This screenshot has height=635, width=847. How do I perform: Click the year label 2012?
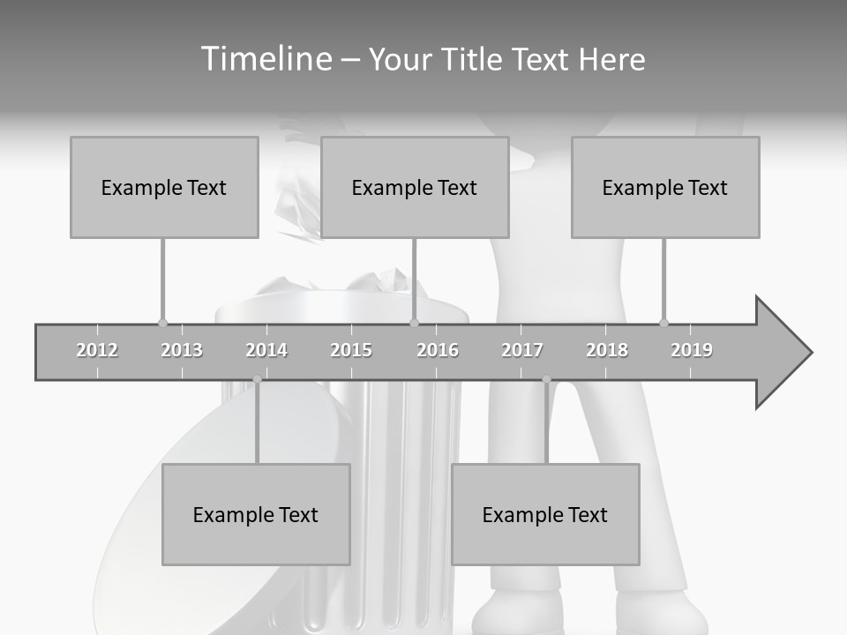click(x=97, y=350)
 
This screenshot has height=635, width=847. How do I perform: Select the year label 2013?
click(x=182, y=350)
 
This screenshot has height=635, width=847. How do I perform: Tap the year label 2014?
click(x=266, y=350)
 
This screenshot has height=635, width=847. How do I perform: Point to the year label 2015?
click(x=351, y=350)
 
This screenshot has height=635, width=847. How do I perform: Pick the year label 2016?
click(x=438, y=350)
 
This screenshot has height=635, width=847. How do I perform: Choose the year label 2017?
click(x=522, y=350)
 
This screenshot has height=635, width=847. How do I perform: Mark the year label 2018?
click(x=607, y=350)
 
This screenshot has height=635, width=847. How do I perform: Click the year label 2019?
click(x=692, y=350)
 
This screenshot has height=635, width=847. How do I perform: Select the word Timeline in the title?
click(x=265, y=59)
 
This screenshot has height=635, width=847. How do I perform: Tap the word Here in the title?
click(x=611, y=59)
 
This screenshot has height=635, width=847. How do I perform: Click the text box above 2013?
click(x=164, y=187)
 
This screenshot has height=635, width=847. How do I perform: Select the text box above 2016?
click(x=415, y=187)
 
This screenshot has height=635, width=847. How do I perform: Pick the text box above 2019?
click(x=665, y=187)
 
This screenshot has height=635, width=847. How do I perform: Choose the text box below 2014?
click(x=256, y=514)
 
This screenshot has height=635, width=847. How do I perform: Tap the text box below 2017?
click(x=545, y=514)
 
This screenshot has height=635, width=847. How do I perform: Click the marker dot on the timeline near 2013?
click(x=162, y=323)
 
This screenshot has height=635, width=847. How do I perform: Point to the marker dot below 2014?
click(x=257, y=379)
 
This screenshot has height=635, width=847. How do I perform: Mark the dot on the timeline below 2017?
click(x=546, y=379)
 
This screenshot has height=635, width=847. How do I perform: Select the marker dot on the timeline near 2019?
click(x=663, y=323)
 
